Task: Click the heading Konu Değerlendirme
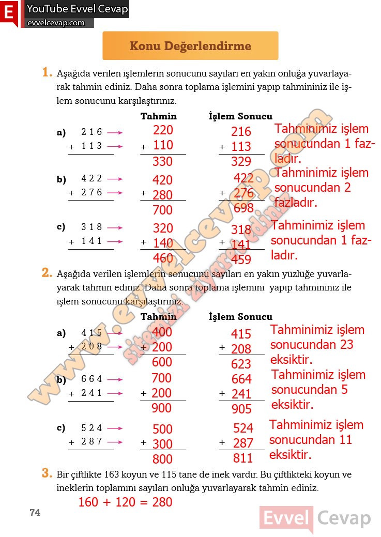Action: point(190,46)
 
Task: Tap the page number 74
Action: point(35,512)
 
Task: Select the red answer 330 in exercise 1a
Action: point(162,161)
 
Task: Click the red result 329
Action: point(241,161)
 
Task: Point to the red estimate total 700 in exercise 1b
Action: point(162,210)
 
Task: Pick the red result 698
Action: point(243,208)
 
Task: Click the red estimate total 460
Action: point(162,258)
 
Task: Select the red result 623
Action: point(241,364)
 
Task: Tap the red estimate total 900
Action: point(161,408)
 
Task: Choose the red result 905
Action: point(241,409)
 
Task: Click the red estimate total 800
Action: point(162,459)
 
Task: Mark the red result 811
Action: point(243,458)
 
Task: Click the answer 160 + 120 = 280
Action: point(125,502)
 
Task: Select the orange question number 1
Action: point(47,73)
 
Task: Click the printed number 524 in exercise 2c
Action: point(92,428)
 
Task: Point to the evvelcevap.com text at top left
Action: point(56,23)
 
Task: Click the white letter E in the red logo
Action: point(9,13)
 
